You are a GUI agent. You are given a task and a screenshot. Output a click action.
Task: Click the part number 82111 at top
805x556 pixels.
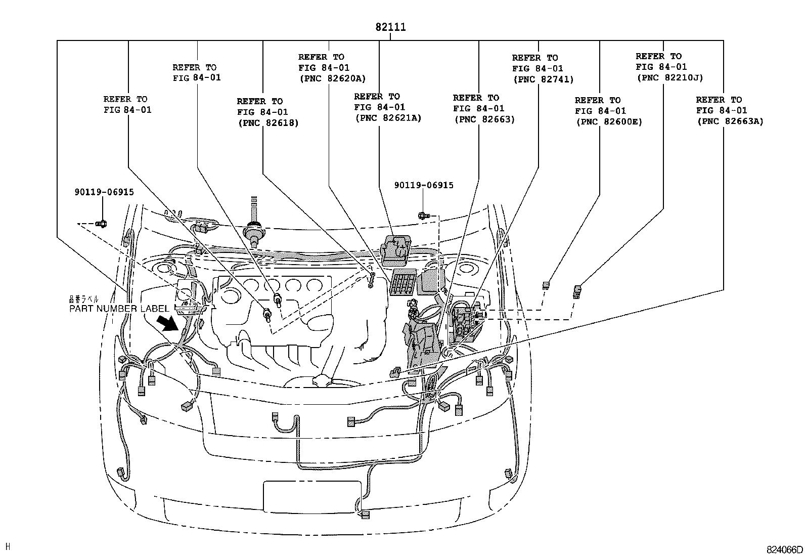390,27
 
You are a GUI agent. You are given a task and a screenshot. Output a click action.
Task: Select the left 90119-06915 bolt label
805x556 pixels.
104,192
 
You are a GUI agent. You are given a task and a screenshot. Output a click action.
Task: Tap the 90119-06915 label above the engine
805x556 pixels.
424,185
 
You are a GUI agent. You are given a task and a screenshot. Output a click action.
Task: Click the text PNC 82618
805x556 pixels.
268,123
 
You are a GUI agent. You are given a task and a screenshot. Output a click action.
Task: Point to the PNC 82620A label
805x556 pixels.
332,78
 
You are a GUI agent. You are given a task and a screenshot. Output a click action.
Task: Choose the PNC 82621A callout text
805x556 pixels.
388,118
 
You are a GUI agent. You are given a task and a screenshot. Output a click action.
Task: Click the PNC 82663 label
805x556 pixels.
484,119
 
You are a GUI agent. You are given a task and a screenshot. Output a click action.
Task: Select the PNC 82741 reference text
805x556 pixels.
543,79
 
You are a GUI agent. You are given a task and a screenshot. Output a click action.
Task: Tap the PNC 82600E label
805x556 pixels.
609,122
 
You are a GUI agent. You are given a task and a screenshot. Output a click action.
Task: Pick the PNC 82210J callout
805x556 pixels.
669,78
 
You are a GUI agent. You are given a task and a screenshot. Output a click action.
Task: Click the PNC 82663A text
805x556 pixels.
730,121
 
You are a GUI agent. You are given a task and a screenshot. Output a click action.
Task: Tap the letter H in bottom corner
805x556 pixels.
8,546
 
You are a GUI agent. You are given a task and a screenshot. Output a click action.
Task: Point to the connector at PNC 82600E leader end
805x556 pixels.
546,285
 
